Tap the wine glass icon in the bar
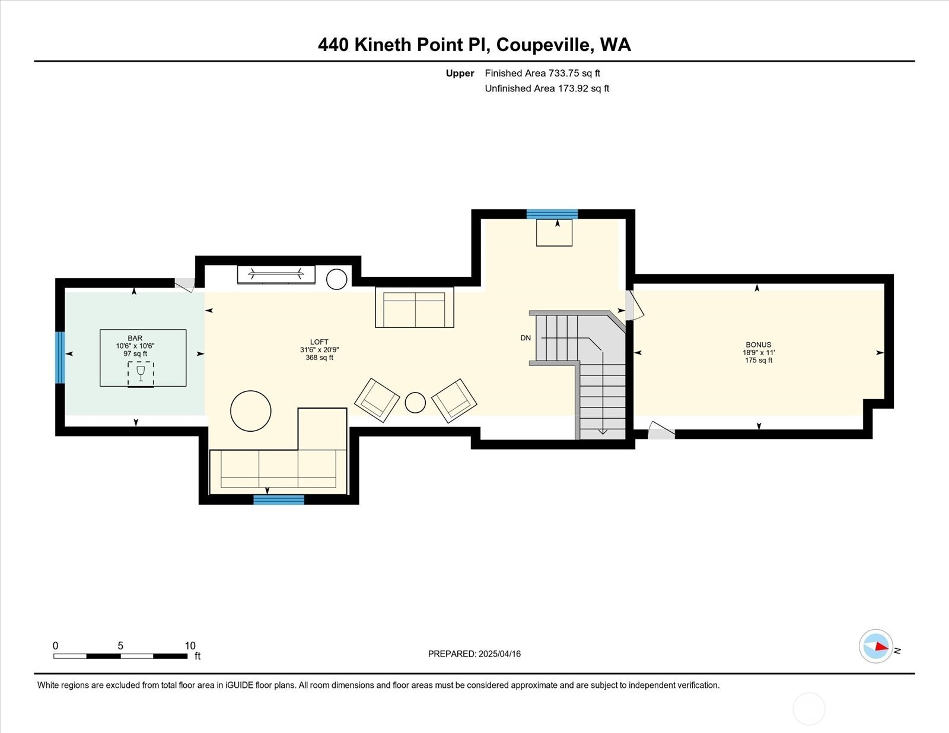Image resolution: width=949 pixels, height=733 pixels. (141, 374)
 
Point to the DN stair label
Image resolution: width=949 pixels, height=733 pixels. (526, 338)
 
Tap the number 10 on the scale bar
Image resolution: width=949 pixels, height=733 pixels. (190, 646)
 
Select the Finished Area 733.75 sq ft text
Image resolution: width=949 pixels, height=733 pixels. (542, 73)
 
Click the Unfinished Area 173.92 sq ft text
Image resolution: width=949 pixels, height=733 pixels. (547, 88)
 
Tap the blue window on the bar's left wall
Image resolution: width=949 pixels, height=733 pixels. (60, 358)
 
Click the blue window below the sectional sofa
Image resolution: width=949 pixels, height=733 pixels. (279, 500)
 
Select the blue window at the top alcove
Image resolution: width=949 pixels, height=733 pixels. (552, 214)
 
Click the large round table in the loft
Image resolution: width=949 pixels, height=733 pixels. (251, 410)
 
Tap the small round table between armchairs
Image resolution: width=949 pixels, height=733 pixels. (415, 403)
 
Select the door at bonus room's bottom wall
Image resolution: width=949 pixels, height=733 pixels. (661, 431)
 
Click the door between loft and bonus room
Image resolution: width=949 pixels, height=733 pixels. (633, 305)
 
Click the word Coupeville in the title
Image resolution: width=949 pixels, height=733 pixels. (543, 44)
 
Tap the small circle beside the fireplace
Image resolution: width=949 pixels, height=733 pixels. (336, 279)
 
